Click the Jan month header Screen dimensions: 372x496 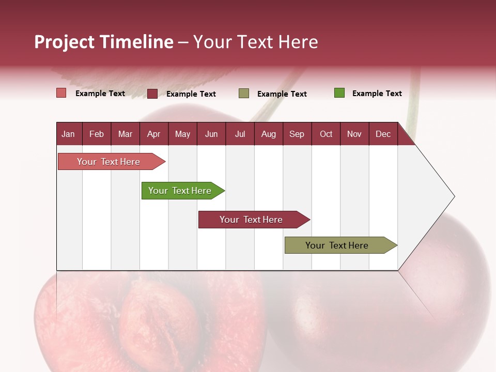(x=68, y=134)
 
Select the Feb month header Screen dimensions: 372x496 (x=97, y=134)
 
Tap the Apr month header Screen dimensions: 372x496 (x=153, y=134)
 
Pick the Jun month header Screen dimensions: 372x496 (x=211, y=134)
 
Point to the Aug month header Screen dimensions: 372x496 (x=269, y=134)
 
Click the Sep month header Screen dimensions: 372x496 (x=297, y=134)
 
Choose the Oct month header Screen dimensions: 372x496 (x=326, y=134)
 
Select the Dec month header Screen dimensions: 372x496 (x=383, y=134)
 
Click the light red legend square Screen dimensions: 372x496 (x=61, y=93)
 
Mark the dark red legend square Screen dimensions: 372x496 (x=152, y=94)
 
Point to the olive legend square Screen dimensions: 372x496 (x=244, y=94)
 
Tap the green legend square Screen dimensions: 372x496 (x=339, y=93)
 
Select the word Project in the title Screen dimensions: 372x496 (x=65, y=42)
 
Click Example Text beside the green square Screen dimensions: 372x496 (x=377, y=94)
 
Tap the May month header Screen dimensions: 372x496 (x=182, y=134)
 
